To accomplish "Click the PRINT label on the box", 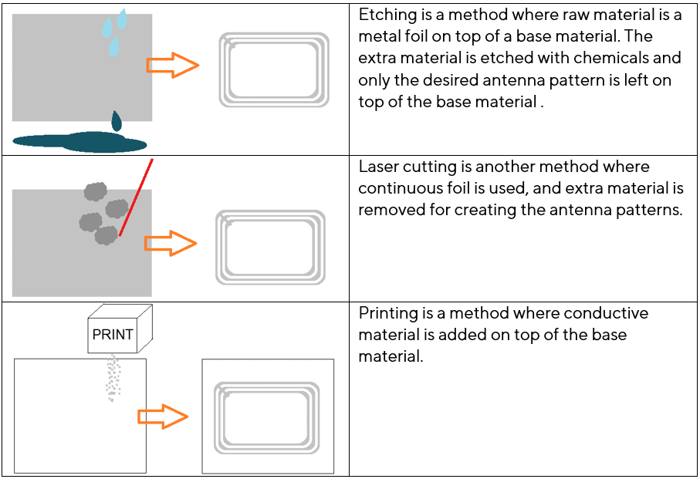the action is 113,335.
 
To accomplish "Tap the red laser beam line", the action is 136,197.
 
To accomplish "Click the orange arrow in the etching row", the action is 173,65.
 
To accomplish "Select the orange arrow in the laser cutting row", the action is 171,243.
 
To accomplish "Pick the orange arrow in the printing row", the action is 163,417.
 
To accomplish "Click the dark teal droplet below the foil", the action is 117,121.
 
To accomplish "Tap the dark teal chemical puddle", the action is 79,142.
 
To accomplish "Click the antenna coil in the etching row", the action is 220,69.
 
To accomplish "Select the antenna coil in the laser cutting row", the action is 217,248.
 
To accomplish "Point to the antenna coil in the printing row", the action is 215,418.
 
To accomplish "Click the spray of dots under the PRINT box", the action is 113,378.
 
